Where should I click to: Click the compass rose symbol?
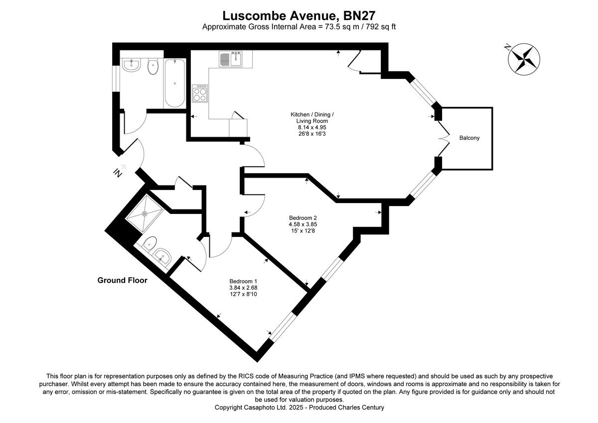tap(524, 58)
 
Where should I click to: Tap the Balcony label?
tap(469, 138)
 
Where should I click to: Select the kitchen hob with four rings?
tap(200, 94)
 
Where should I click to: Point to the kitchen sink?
tap(230, 59)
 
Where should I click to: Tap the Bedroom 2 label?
tap(302, 217)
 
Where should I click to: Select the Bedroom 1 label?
tap(243, 281)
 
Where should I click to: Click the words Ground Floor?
tap(122, 280)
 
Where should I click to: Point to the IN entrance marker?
tap(118, 173)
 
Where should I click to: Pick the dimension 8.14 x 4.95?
tap(312, 127)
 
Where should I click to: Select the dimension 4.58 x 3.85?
tap(303, 224)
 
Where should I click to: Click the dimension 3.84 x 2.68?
tap(243, 287)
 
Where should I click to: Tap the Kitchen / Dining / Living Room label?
tap(312, 118)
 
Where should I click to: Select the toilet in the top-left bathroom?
tap(153, 67)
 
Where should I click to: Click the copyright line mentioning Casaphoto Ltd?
tap(299, 408)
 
